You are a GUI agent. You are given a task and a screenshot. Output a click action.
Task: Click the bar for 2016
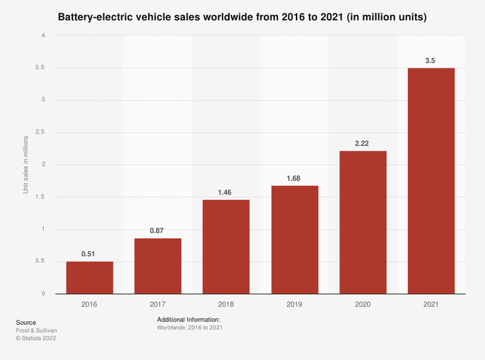pyautogui.click(x=89, y=278)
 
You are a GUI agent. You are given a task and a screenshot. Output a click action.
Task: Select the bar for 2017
pyautogui.click(x=158, y=266)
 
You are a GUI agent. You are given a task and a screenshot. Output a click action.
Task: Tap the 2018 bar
pyautogui.click(x=226, y=246)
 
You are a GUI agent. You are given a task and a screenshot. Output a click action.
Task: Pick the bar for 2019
pyautogui.click(x=294, y=240)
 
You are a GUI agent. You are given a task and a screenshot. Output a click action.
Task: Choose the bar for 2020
pyautogui.click(x=363, y=222)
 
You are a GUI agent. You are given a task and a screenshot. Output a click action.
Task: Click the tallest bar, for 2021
pyautogui.click(x=431, y=181)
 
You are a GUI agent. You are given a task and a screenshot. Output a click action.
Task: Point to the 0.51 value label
pyautogui.click(x=89, y=254)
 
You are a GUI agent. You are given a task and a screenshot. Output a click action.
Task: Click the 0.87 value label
pyautogui.click(x=158, y=231)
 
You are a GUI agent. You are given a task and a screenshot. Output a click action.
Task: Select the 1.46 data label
pyautogui.click(x=226, y=192)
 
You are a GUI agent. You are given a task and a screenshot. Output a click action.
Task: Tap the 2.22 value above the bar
pyautogui.click(x=363, y=143)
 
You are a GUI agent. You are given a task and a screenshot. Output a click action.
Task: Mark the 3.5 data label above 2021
pyautogui.click(x=431, y=61)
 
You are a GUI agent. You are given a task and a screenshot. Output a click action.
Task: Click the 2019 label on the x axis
pyautogui.click(x=294, y=303)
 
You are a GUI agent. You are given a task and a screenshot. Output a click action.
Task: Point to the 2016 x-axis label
pyautogui.click(x=89, y=303)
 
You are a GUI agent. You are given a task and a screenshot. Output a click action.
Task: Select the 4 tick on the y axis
pyautogui.click(x=43, y=35)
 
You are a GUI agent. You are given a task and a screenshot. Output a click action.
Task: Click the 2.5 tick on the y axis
pyautogui.click(x=40, y=132)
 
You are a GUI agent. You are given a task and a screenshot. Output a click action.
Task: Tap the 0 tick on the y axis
pyautogui.click(x=43, y=294)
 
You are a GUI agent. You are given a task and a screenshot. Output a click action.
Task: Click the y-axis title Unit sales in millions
pyautogui.click(x=26, y=164)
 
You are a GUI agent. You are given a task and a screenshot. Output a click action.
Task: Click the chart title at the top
pyautogui.click(x=242, y=15)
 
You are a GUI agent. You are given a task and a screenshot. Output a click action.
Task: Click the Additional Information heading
pyautogui.click(x=188, y=319)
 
